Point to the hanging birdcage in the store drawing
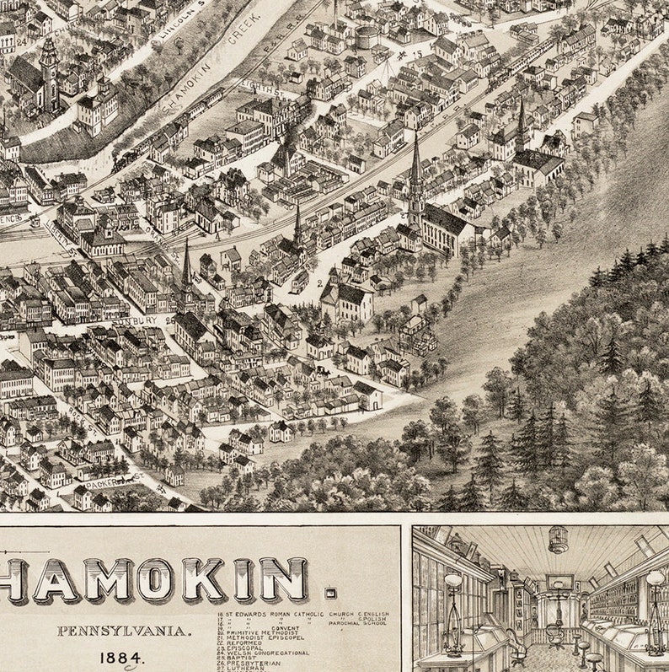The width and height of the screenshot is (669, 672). (x=558, y=540)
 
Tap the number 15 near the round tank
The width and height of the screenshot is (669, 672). (x=416, y=55)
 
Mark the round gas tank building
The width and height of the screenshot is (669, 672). (x=367, y=37)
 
